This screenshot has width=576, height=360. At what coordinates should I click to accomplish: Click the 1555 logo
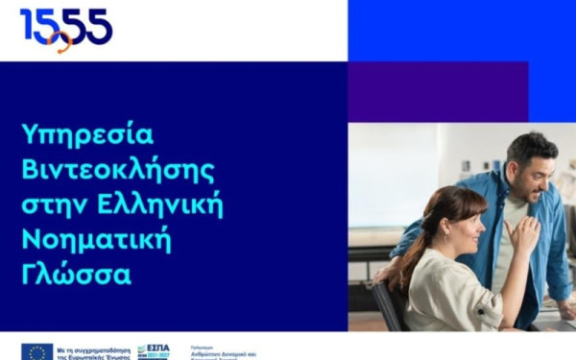(x=65, y=28)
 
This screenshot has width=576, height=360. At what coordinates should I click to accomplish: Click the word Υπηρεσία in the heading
(x=87, y=133)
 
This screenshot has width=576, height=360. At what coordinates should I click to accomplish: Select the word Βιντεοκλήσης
(x=118, y=170)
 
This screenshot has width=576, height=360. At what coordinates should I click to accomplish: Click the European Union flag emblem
(x=36, y=351)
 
